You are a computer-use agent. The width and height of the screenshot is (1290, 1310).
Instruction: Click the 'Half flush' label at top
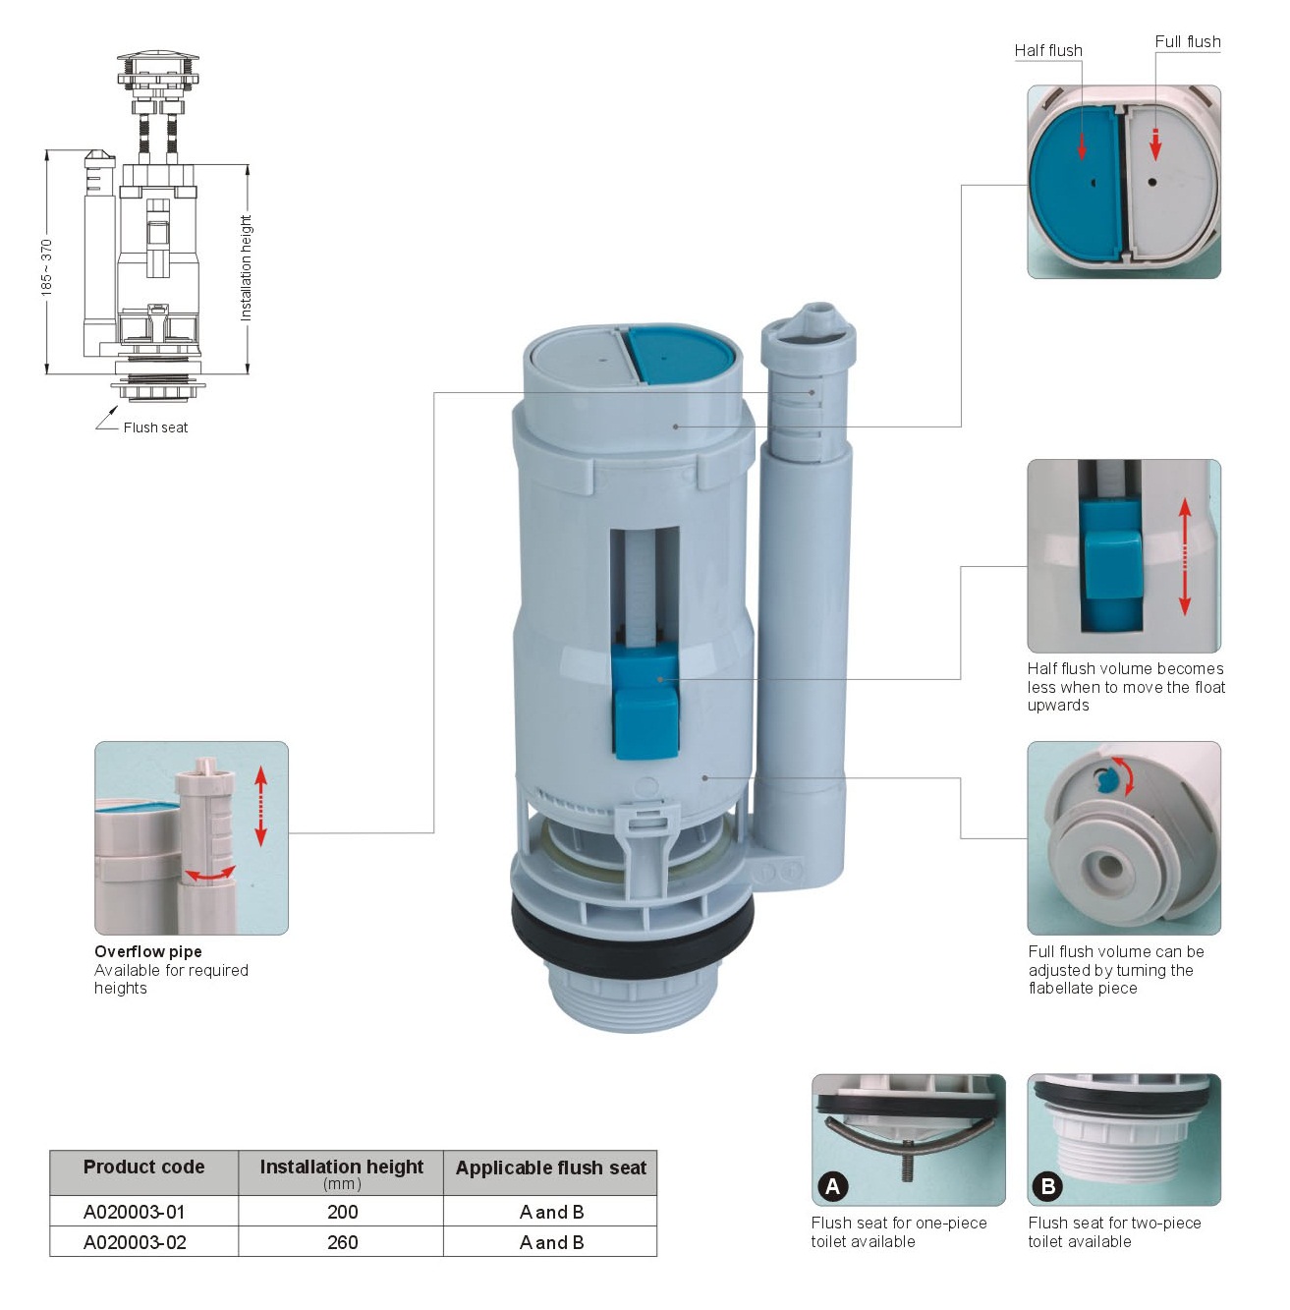click(1048, 50)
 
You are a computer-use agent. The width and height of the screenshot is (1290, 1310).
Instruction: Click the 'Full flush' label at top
click(1187, 41)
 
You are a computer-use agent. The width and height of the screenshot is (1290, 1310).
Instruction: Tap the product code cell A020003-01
click(135, 1212)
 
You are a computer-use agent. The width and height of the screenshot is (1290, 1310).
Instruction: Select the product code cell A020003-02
click(135, 1242)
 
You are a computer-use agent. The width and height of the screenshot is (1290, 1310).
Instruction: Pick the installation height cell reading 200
click(342, 1212)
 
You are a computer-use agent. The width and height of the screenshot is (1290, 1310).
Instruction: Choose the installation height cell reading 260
click(342, 1242)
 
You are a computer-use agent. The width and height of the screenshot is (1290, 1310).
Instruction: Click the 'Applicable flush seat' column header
click(550, 1168)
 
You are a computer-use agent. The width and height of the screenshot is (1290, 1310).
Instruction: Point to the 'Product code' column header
click(143, 1168)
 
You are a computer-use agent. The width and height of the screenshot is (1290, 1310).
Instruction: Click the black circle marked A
click(832, 1187)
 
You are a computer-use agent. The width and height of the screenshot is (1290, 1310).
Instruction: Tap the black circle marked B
click(1048, 1187)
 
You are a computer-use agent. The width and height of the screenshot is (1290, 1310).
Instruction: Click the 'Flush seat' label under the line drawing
click(155, 427)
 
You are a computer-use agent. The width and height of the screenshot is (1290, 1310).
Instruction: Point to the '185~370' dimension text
click(47, 266)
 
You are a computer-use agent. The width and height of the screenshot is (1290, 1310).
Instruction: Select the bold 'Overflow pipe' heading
click(148, 951)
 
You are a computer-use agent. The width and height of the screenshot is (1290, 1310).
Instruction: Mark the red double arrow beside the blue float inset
click(1185, 557)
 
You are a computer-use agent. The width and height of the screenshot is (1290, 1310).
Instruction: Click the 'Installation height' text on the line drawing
click(246, 267)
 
